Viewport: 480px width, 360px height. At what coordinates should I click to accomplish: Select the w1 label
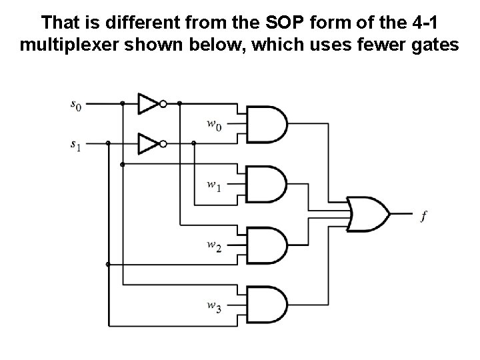point(213,185)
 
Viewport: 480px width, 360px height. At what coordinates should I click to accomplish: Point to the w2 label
point(213,246)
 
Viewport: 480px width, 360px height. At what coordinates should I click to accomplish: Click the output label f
point(424,215)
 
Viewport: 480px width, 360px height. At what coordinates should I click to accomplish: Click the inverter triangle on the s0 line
point(147,103)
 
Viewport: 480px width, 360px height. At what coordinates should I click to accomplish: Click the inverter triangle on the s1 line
point(147,143)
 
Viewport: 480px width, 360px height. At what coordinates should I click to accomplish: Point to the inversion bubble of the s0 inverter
point(163,103)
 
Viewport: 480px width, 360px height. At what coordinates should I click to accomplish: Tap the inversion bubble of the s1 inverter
point(163,143)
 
